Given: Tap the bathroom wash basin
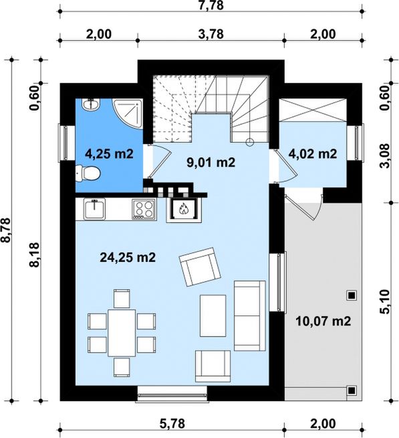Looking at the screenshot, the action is (90, 104).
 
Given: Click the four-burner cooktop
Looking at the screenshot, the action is (144, 209).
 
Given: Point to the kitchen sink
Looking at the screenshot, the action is (95, 209).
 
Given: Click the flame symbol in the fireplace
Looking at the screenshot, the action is (183, 208).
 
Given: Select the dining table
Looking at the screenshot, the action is (122, 333).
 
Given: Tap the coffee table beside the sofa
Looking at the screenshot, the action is (213, 315).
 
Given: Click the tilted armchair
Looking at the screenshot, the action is (200, 267).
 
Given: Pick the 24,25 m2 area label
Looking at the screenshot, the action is (128, 257).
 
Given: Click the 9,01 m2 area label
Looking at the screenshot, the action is (211, 162).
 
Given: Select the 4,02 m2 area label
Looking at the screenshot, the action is (313, 153).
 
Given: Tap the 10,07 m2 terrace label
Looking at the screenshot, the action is (323, 321).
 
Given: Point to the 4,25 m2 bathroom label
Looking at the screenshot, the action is (109, 153).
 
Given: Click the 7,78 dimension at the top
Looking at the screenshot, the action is (211, 5).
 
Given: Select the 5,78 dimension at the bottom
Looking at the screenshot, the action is (172, 423).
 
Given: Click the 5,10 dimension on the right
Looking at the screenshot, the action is (384, 301).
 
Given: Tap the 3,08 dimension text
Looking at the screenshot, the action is (384, 155).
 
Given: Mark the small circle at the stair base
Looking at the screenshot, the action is (250, 142).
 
